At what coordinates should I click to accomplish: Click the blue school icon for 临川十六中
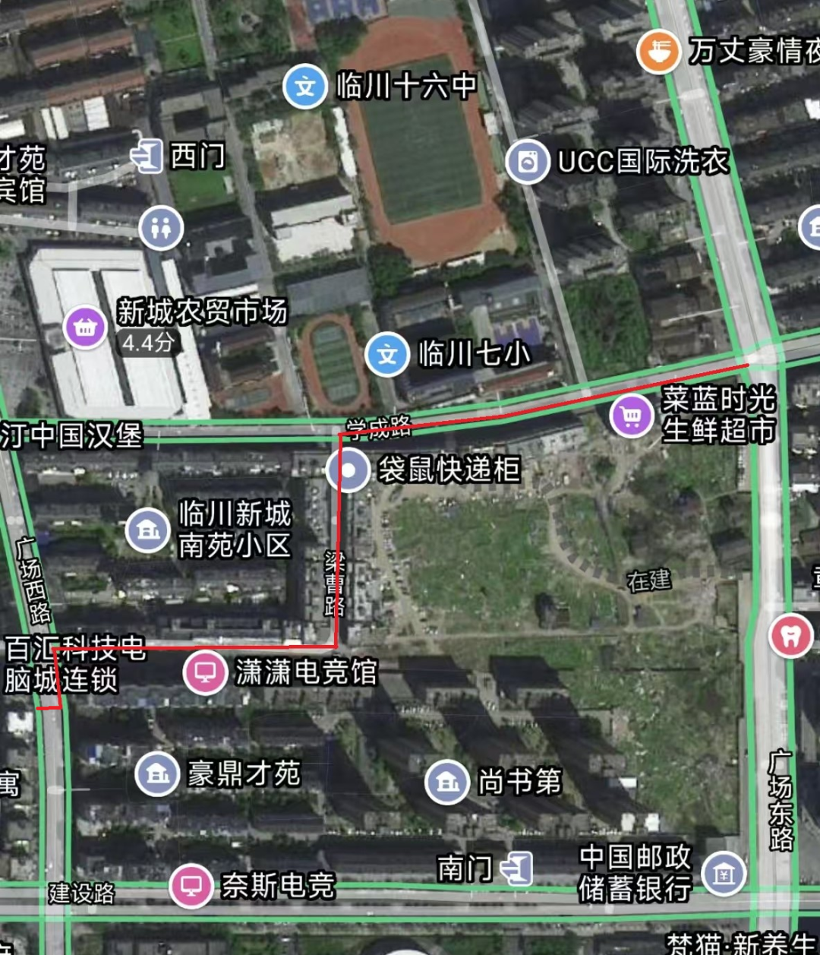(x=305, y=87)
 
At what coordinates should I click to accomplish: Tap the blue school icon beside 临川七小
(x=387, y=355)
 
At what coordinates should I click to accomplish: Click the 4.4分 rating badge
(x=148, y=343)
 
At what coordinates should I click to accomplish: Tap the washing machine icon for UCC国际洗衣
(x=528, y=162)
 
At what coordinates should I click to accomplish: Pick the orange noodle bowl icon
(x=658, y=51)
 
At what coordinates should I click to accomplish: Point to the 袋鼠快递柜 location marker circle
(x=348, y=470)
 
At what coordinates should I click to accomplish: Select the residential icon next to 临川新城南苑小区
(x=148, y=530)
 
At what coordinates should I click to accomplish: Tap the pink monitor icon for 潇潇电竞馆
(x=205, y=672)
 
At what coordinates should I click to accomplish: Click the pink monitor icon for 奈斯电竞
(x=191, y=886)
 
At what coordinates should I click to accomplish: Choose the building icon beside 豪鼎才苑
(x=157, y=774)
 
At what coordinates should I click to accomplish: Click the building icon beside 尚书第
(x=447, y=782)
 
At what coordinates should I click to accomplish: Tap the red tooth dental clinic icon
(x=790, y=637)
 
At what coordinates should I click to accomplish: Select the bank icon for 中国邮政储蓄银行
(x=724, y=873)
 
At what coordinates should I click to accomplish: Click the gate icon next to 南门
(x=518, y=868)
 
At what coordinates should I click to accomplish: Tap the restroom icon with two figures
(x=161, y=228)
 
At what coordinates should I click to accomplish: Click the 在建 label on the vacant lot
(x=649, y=581)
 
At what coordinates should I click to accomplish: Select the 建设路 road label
(x=81, y=893)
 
